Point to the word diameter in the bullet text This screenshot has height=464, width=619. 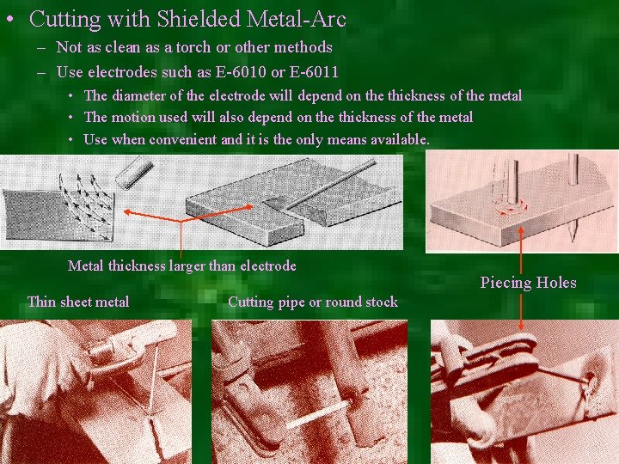click(140, 96)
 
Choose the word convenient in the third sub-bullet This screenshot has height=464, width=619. click(182, 138)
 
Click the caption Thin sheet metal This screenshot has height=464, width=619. click(78, 301)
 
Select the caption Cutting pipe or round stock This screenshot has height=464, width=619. click(313, 301)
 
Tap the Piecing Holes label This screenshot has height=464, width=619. click(528, 282)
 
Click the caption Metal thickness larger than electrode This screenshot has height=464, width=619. click(181, 266)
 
